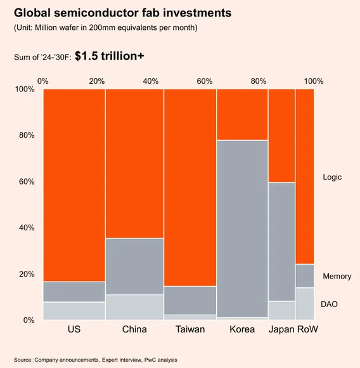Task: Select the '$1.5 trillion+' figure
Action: click(x=109, y=56)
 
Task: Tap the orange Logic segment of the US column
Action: click(x=74, y=184)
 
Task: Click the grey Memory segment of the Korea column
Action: click(x=242, y=228)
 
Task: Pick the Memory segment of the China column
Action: click(x=134, y=266)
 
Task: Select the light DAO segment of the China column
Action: click(x=134, y=307)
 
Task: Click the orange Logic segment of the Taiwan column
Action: click(x=190, y=187)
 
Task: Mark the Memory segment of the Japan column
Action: click(x=281, y=241)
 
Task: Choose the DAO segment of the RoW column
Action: click(x=305, y=304)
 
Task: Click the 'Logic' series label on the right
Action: click(x=332, y=177)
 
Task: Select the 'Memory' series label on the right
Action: click(x=337, y=277)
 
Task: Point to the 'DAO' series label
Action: click(x=330, y=305)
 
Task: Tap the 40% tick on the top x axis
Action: click(x=151, y=81)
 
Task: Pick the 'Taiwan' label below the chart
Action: click(x=190, y=329)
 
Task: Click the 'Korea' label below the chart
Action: click(x=242, y=329)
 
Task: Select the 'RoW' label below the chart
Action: click(x=307, y=329)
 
